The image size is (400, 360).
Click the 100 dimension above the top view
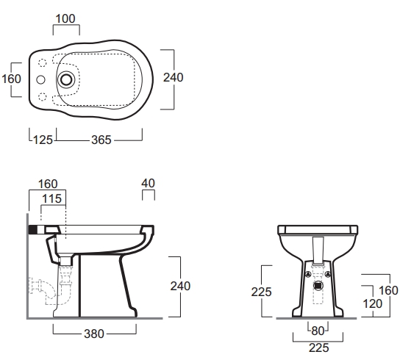(65, 18)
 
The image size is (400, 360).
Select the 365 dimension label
(101, 140)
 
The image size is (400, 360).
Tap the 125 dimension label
(43, 140)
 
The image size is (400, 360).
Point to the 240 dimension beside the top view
(174, 77)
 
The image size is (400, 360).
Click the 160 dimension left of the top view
(11, 79)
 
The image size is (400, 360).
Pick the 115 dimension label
(51, 198)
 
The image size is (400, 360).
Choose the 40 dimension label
(148, 183)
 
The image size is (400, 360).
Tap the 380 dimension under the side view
(94, 334)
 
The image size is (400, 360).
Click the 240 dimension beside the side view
(180, 286)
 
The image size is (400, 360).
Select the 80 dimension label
(318, 331)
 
